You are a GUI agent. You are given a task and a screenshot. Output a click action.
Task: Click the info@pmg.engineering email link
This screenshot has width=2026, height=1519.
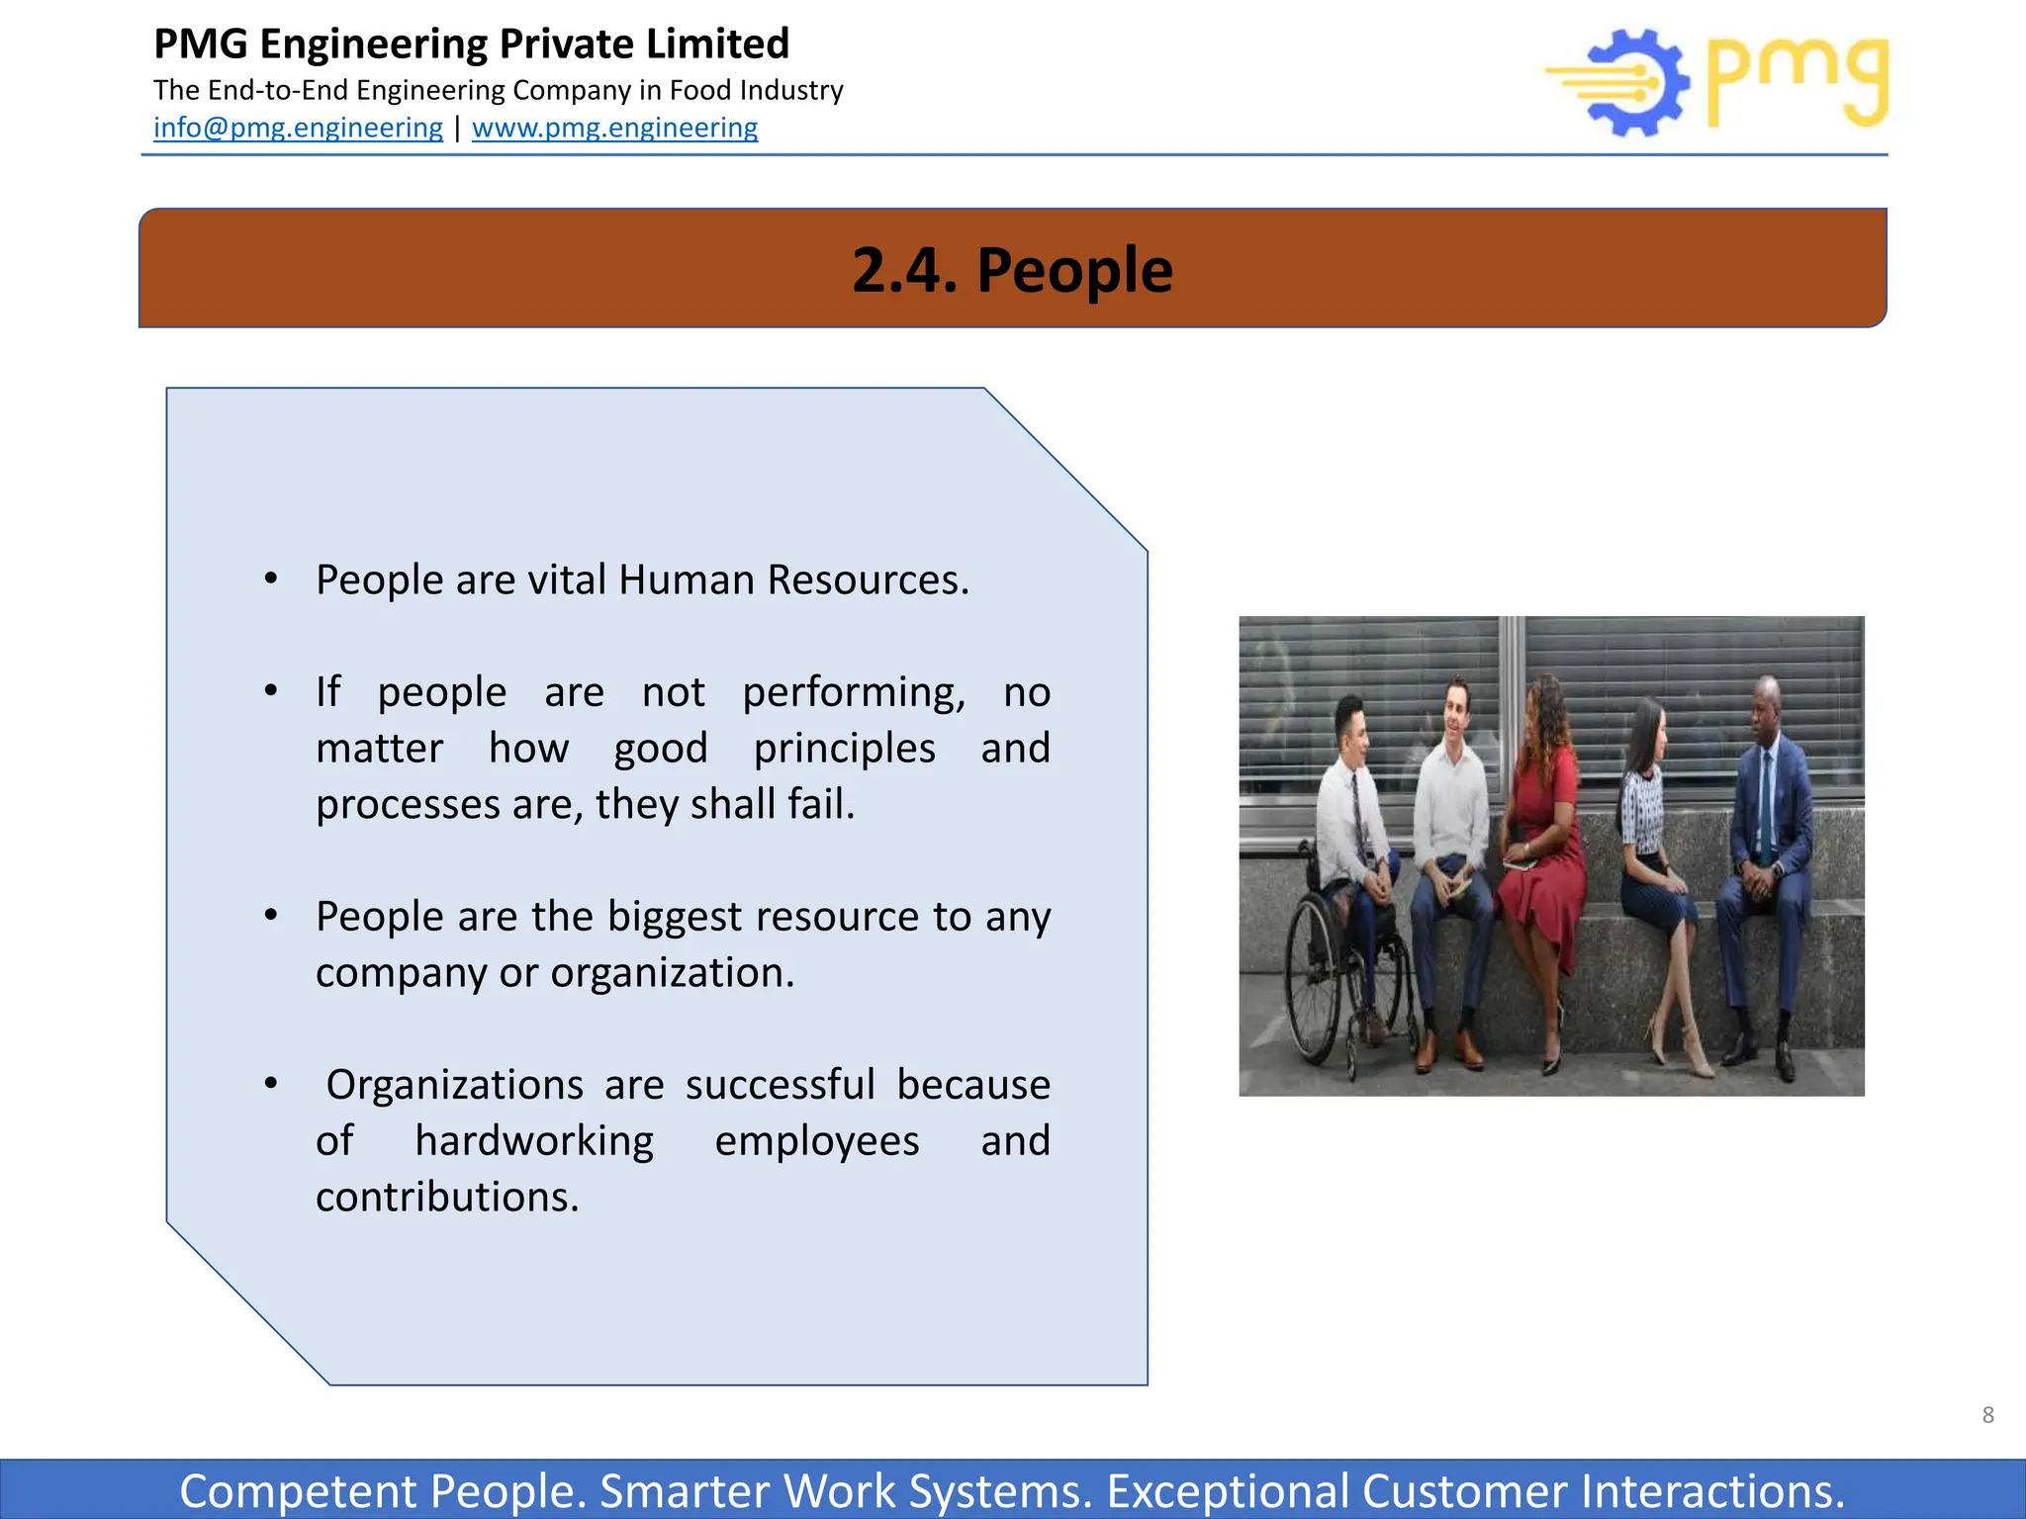298,128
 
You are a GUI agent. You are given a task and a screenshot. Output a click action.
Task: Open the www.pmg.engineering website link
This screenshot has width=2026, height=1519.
614,128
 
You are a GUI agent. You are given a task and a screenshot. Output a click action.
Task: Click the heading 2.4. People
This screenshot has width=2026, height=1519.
1012,269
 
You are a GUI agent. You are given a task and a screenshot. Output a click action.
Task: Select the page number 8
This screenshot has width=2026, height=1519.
1987,1415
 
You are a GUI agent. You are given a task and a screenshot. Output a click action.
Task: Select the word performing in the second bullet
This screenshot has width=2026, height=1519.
853,692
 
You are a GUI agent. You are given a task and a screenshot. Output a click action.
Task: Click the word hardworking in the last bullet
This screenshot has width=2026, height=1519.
534,1141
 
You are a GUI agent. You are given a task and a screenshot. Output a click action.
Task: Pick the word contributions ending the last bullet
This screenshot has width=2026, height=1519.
446,1198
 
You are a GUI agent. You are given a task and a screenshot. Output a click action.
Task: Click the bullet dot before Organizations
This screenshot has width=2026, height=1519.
271,1085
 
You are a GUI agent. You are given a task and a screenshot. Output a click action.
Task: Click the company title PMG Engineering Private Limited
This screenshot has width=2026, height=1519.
471,45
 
